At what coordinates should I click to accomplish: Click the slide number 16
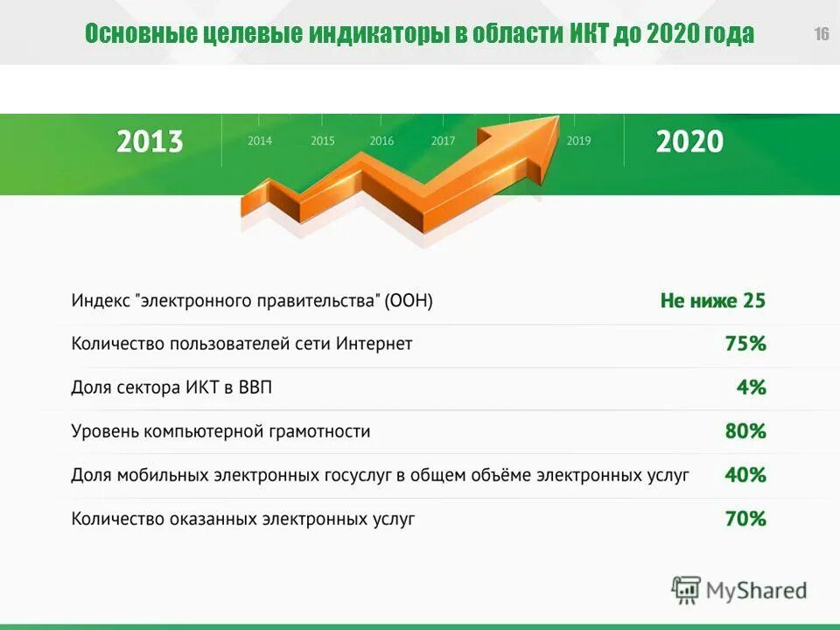pyautogui.click(x=821, y=35)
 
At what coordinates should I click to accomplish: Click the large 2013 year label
pyautogui.click(x=150, y=142)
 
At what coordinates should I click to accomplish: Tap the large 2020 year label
pyautogui.click(x=689, y=142)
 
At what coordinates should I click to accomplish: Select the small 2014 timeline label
pyautogui.click(x=260, y=141)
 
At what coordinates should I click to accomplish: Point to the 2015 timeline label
pyautogui.click(x=322, y=141)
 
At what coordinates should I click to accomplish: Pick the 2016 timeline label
pyautogui.click(x=381, y=141)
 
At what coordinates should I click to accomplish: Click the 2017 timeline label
pyautogui.click(x=443, y=141)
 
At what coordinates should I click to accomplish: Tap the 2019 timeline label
pyautogui.click(x=578, y=141)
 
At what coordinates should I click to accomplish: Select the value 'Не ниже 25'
pyautogui.click(x=712, y=301)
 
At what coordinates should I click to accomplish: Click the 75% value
pyautogui.click(x=745, y=344)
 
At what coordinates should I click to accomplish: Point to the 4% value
pyautogui.click(x=751, y=388)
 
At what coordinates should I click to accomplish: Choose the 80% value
pyautogui.click(x=745, y=431)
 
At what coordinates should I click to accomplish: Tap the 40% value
pyautogui.click(x=745, y=475)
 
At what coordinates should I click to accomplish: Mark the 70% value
pyautogui.click(x=745, y=519)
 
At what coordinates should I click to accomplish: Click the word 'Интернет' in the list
pyautogui.click(x=374, y=344)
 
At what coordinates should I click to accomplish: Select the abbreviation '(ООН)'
pyautogui.click(x=409, y=301)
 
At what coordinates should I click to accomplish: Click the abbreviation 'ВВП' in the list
pyautogui.click(x=255, y=388)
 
